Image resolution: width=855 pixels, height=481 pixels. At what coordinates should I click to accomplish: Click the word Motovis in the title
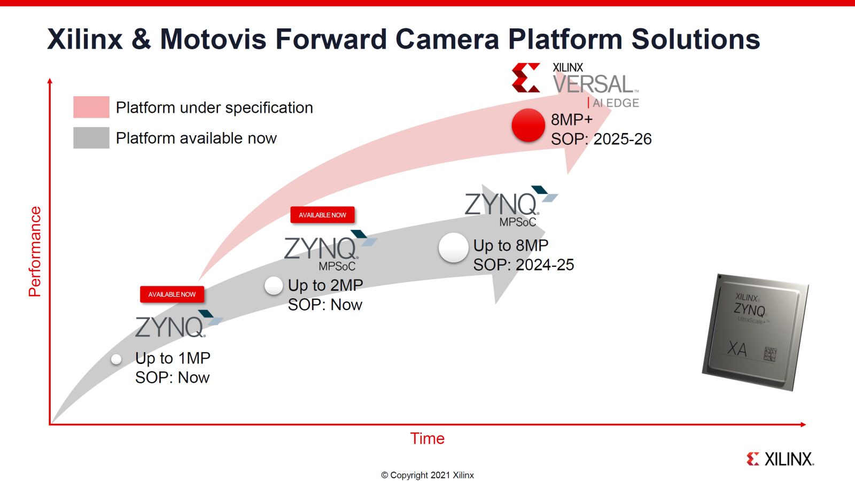tap(213, 39)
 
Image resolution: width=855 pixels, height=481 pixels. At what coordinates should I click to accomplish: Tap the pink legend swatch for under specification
tap(91, 107)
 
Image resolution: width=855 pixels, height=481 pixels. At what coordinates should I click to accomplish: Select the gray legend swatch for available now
tap(91, 138)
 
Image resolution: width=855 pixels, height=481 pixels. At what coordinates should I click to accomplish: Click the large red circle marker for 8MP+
tap(528, 125)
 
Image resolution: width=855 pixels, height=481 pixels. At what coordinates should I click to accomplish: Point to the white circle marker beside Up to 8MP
tap(453, 248)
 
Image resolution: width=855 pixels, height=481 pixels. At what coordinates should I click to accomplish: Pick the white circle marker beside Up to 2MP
tap(274, 286)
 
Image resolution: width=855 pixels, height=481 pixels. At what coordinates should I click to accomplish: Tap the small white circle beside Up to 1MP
tap(116, 359)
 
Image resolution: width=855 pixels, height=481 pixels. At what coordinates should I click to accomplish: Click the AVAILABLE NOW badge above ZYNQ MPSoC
tap(322, 215)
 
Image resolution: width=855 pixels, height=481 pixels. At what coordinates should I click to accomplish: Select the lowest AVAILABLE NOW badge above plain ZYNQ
tap(172, 294)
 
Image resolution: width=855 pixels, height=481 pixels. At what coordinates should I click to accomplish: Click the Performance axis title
tap(35, 251)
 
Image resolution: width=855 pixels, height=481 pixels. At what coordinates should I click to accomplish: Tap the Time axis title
tap(427, 438)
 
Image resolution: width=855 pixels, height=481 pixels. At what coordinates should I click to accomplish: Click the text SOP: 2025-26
tap(601, 139)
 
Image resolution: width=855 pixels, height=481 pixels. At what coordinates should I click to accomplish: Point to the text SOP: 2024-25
tap(523, 265)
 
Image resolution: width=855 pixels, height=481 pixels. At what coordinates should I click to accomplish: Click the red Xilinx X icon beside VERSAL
tap(526, 78)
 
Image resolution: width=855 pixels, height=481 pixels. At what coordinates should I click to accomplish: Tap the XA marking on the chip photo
tap(737, 349)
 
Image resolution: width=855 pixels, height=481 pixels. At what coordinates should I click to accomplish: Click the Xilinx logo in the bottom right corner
tap(780, 459)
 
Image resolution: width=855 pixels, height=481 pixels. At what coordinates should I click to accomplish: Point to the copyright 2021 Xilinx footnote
tap(427, 475)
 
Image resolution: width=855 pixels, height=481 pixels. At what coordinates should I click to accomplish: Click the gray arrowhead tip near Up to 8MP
tap(542, 234)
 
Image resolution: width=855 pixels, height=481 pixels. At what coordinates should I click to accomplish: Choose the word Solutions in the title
tap(695, 39)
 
